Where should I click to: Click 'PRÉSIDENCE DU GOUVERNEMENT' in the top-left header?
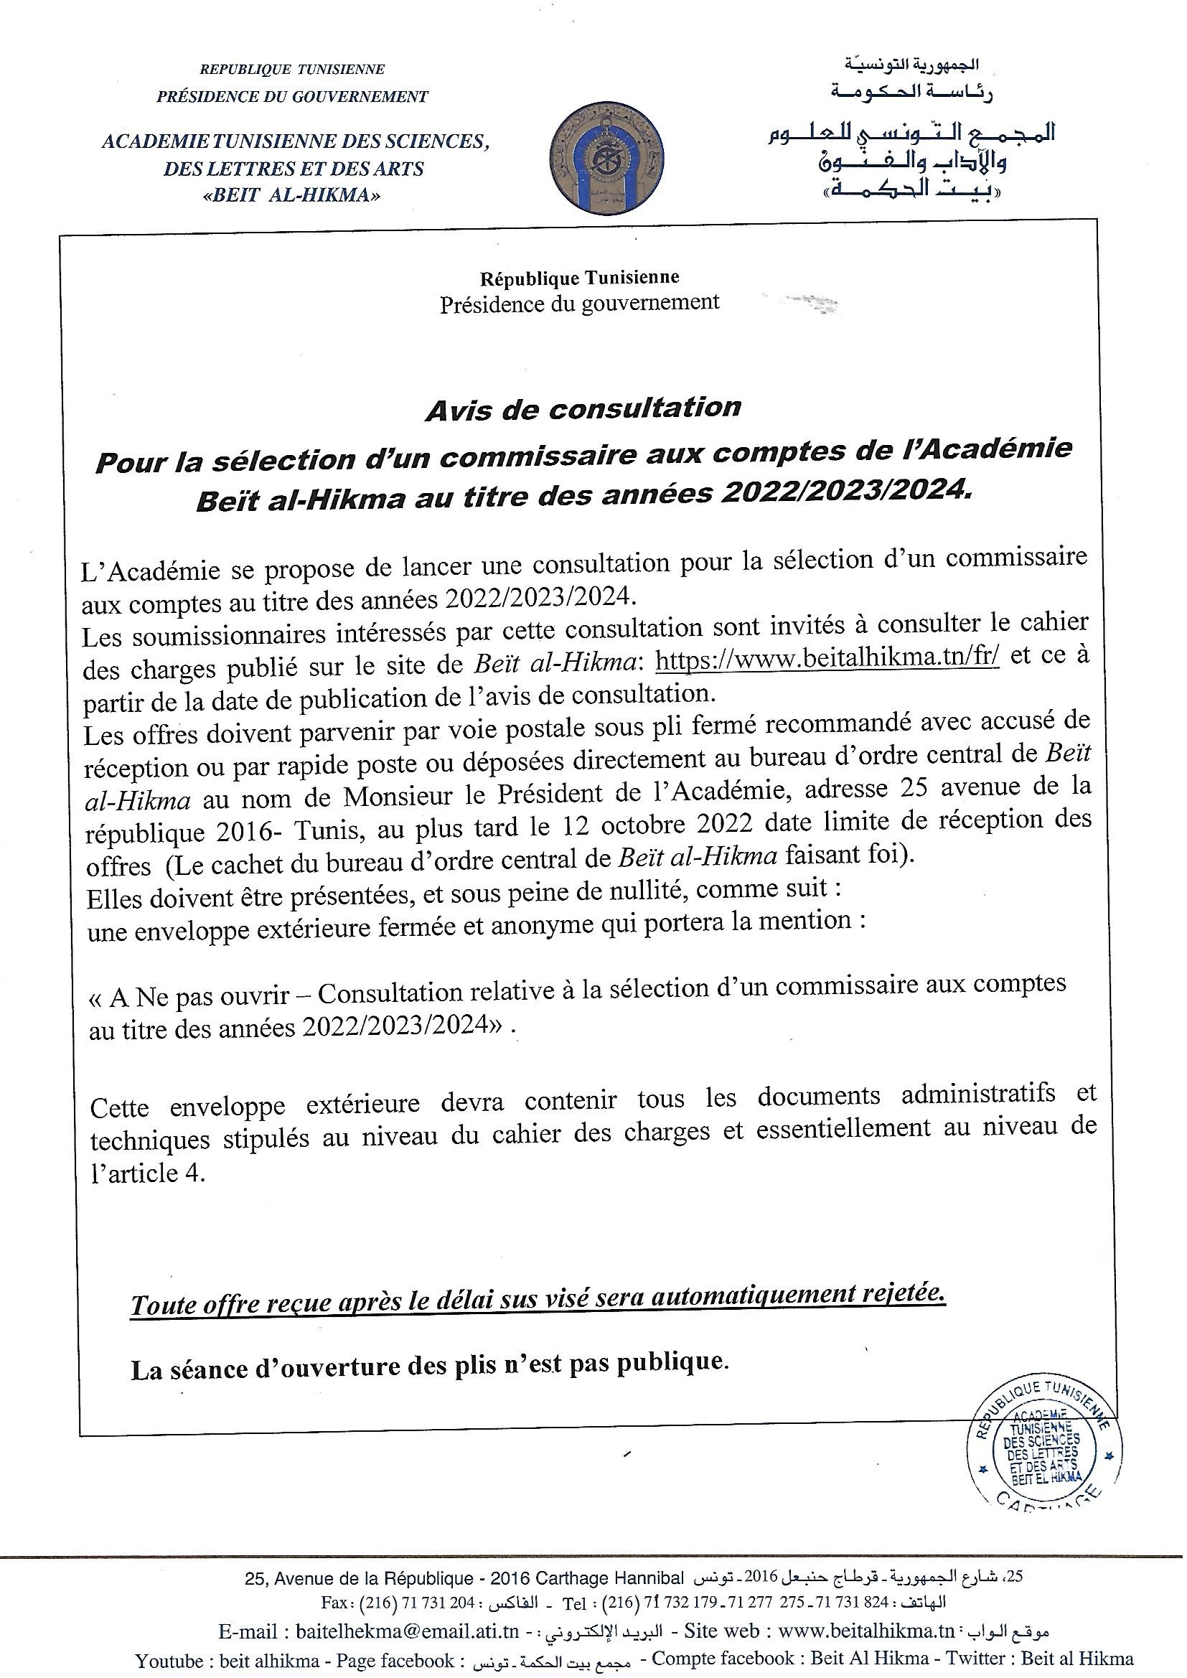pos(292,96)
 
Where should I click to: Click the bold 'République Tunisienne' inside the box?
pos(580,278)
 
